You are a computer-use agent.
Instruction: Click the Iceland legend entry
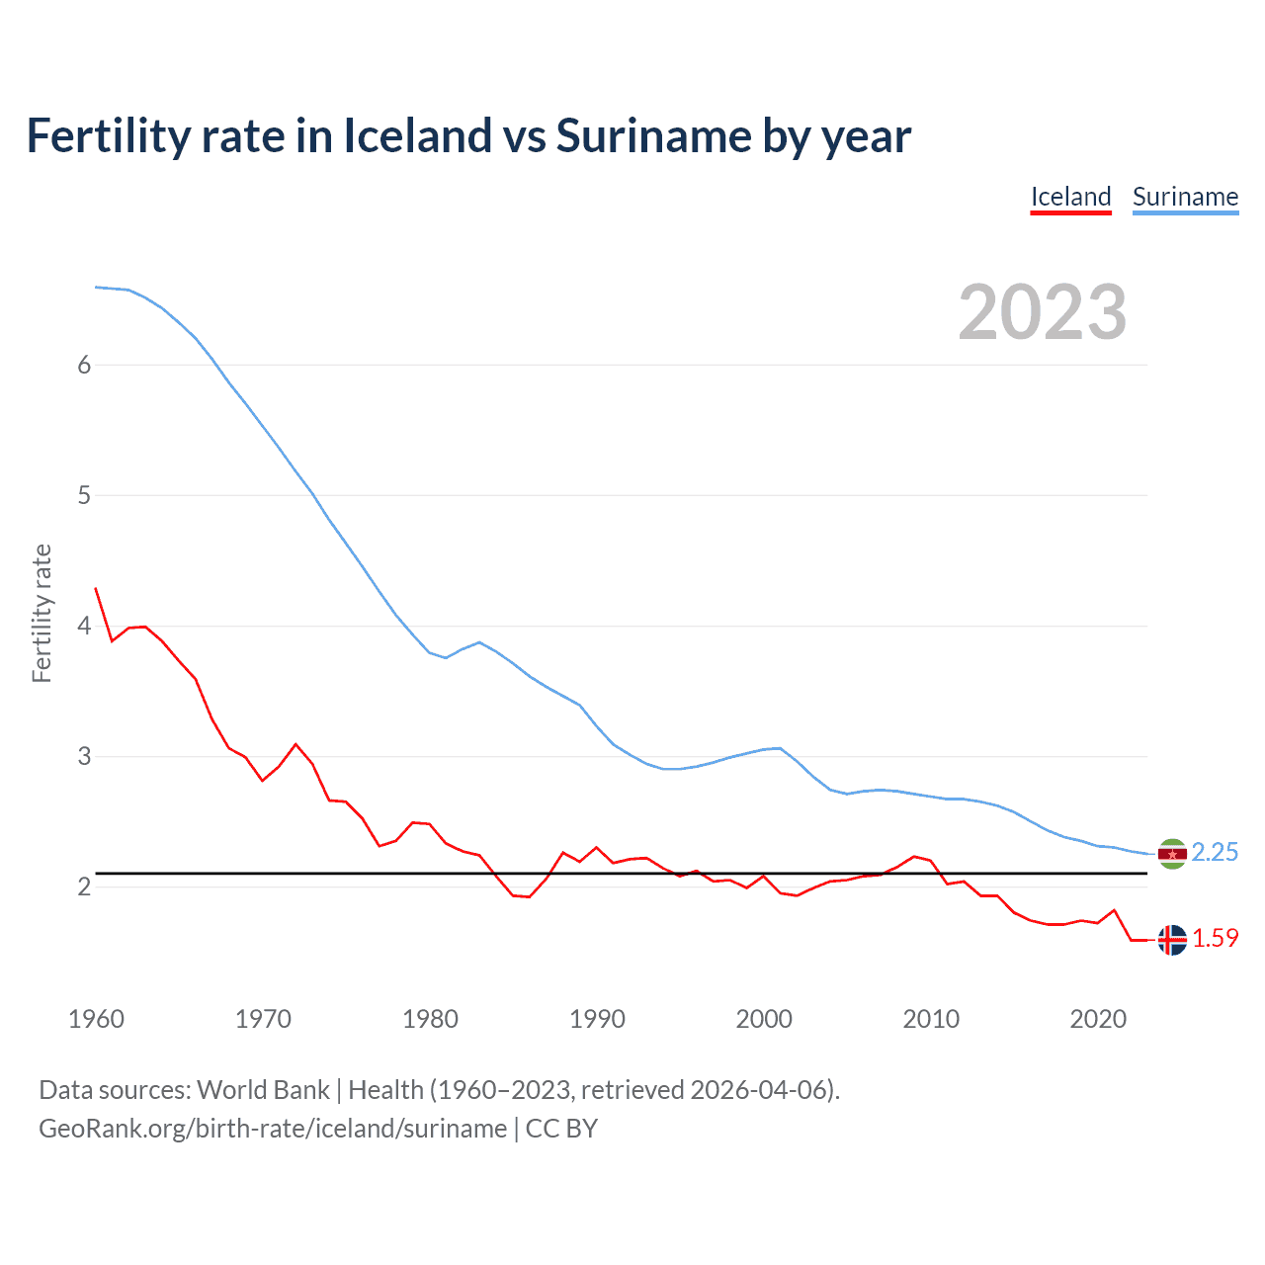tap(1070, 197)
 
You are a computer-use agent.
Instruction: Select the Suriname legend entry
tap(1185, 197)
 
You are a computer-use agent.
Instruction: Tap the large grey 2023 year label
tap(1043, 312)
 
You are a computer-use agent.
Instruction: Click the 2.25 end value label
tap(1215, 852)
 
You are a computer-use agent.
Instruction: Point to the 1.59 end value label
tap(1215, 938)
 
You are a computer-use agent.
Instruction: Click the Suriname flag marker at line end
tap(1172, 854)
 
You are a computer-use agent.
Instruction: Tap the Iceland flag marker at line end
tap(1172, 940)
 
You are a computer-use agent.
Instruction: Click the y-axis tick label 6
tap(84, 365)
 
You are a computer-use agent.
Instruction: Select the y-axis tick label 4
tap(84, 626)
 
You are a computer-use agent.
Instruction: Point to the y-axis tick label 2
tap(84, 886)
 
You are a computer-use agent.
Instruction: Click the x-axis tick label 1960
tap(96, 1019)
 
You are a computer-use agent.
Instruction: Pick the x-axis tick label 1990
tap(597, 1019)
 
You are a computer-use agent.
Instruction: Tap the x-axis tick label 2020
tap(1098, 1019)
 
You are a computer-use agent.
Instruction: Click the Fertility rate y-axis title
tap(42, 613)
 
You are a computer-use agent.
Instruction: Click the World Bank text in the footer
tap(263, 1090)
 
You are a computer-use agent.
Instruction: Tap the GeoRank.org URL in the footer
tap(273, 1129)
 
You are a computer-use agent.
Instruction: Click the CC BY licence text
tap(561, 1129)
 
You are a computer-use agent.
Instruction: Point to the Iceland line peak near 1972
tap(295, 744)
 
